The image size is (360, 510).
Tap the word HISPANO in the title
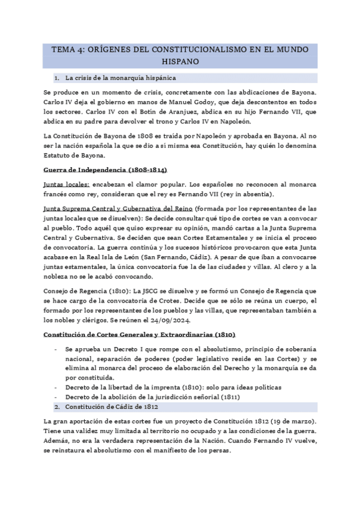tap(179, 62)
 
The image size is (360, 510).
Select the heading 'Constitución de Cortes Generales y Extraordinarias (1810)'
tap(139, 334)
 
